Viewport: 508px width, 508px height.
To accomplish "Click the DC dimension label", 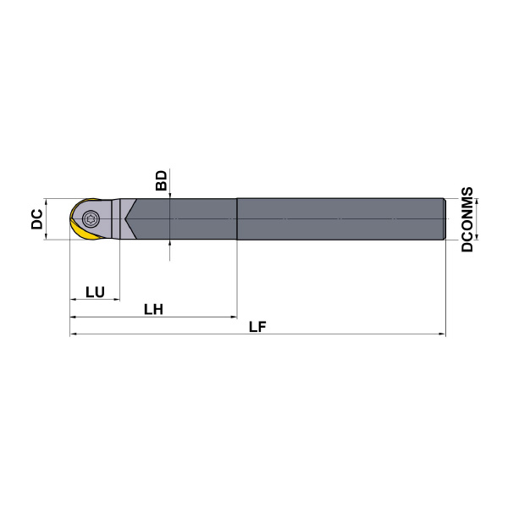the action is click(37, 219).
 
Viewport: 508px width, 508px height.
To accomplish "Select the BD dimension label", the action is click(162, 180).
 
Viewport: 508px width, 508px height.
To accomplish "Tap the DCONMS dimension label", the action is click(467, 219).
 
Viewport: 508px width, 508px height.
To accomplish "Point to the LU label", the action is click(95, 292).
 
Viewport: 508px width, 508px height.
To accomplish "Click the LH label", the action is click(153, 309).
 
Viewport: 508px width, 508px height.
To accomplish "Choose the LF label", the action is click(257, 327).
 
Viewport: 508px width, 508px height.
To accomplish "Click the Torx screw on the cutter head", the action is click(89, 219).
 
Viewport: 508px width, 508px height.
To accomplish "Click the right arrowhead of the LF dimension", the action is click(442, 334).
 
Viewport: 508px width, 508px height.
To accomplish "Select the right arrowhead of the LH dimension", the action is click(234, 317).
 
